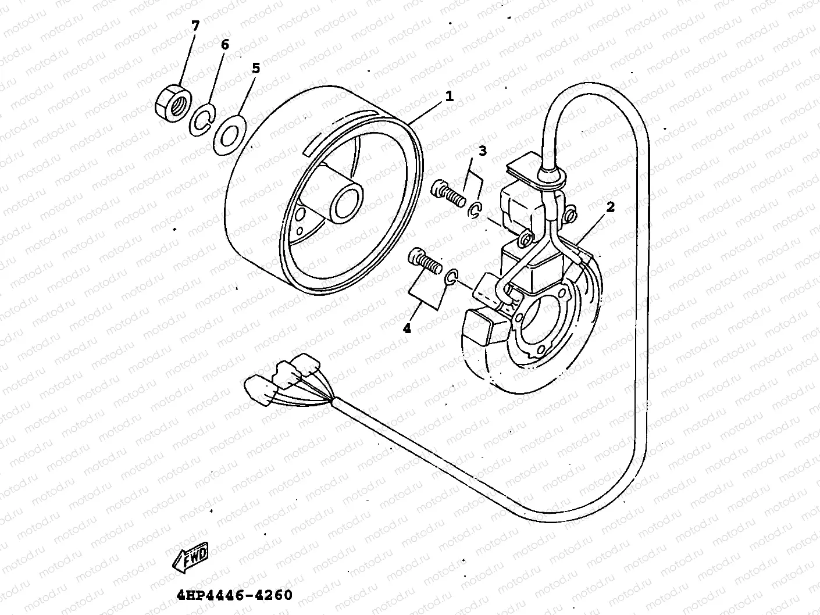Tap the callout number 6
[x=225, y=44]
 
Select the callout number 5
[x=255, y=68]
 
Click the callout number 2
[x=610, y=207]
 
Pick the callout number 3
[x=482, y=151]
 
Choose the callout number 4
[x=407, y=328]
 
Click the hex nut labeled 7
[x=173, y=101]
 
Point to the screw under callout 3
[x=449, y=194]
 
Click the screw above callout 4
[x=425, y=262]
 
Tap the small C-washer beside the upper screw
[x=475, y=212]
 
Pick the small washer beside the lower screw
[x=452, y=278]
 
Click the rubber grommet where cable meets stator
[x=551, y=176]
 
